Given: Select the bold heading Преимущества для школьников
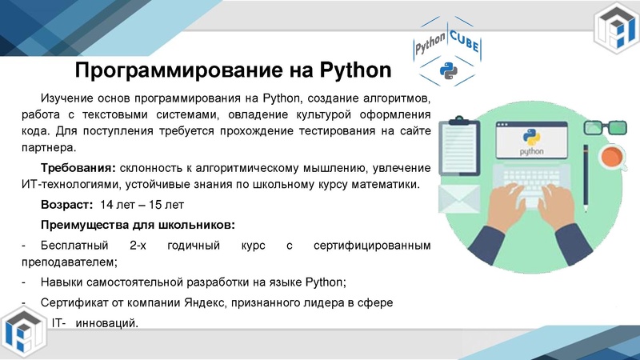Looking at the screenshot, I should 137,223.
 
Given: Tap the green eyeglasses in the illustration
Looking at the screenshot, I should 605,127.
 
